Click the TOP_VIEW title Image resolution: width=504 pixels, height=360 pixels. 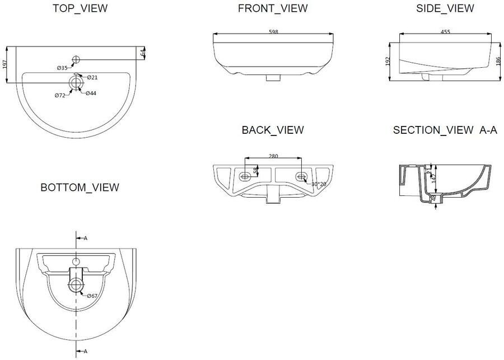tap(80, 8)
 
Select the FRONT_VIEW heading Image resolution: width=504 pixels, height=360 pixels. tap(273, 8)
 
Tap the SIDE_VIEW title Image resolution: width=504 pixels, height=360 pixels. tap(445, 8)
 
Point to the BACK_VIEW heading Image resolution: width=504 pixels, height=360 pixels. tap(273, 130)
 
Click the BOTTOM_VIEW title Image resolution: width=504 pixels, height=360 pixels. tap(80, 188)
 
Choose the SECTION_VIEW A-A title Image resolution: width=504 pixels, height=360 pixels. tap(445, 130)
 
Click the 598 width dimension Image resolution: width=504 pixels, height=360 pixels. tap(273, 32)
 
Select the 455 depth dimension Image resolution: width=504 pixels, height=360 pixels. tap(445, 32)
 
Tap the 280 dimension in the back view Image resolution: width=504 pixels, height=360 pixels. tap(273, 156)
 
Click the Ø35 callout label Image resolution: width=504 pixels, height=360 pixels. tap(62, 68)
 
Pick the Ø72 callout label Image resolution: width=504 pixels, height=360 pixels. tap(60, 96)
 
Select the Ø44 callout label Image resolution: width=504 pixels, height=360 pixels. tap(91, 93)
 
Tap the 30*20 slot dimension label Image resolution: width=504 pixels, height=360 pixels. tap(319, 184)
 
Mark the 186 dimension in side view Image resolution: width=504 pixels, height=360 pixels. tap(498, 60)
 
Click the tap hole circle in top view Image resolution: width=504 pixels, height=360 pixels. tap(76, 59)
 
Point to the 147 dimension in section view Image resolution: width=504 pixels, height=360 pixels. tap(432, 179)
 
